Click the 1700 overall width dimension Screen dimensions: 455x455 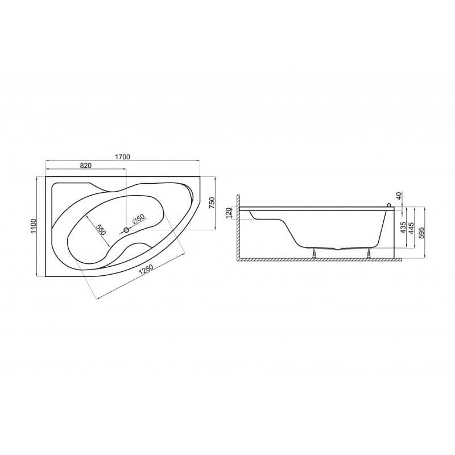[x=122, y=157]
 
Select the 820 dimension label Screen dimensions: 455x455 [x=86, y=166]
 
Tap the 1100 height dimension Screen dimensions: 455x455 [x=34, y=226]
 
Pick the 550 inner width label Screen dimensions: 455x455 [x=101, y=230]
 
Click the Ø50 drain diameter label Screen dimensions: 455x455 [x=138, y=219]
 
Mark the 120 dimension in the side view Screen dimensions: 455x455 [x=228, y=213]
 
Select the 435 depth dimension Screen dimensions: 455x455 [x=403, y=228]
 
